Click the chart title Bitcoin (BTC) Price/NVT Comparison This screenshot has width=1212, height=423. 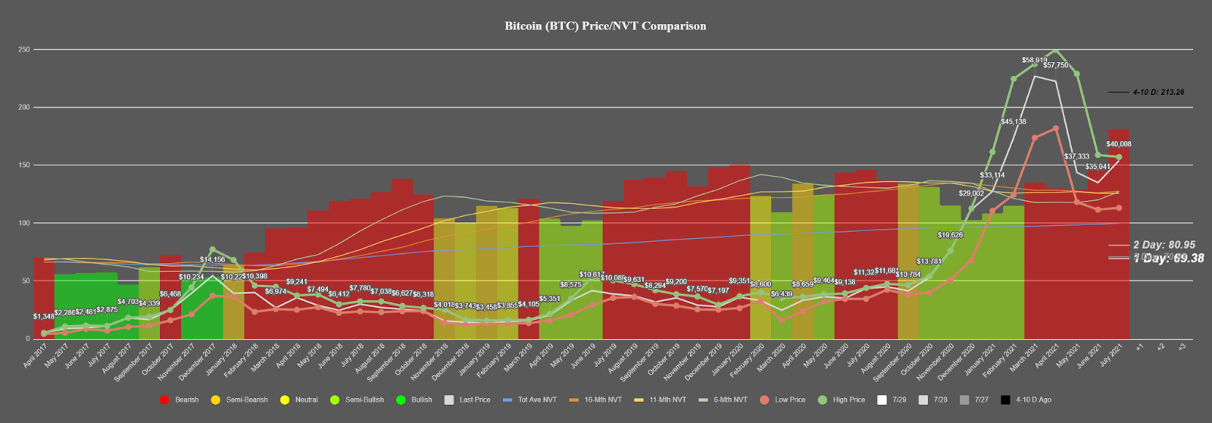[605, 26]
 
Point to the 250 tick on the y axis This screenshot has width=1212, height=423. [25, 50]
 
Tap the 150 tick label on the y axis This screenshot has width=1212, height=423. [25, 165]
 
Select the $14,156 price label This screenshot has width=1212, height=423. [212, 260]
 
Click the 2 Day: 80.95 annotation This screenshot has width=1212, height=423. [1164, 245]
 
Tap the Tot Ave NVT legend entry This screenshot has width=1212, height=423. [537, 399]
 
